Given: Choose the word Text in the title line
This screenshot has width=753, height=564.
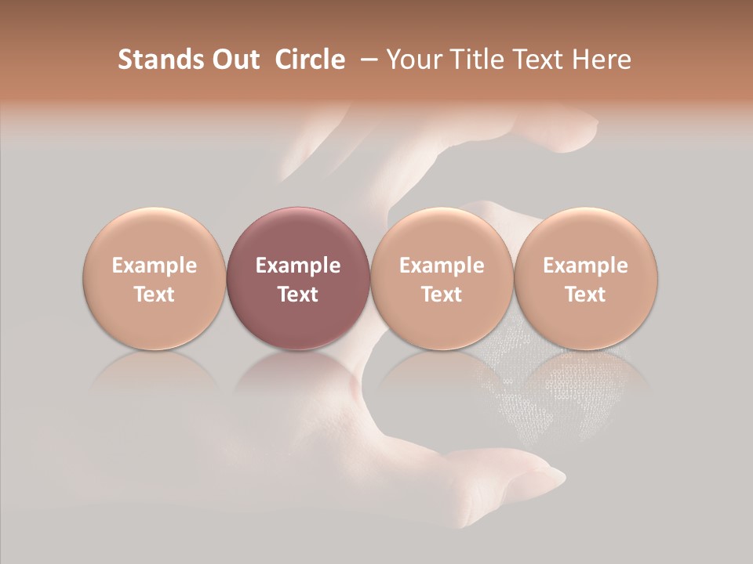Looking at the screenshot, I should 537,60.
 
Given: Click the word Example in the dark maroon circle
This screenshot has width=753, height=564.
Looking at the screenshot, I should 298,266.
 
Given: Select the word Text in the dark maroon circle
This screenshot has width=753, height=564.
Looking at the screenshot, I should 298,295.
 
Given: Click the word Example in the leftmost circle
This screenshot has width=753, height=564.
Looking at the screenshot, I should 155,266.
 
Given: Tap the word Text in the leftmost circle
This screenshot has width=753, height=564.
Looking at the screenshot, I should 155,295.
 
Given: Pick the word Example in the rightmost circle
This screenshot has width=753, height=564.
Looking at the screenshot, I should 585,266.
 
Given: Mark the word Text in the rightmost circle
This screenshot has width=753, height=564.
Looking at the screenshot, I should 585,295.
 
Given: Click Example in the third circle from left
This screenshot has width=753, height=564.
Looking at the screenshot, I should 442,266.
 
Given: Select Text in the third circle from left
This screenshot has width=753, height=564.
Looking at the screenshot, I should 442,295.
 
